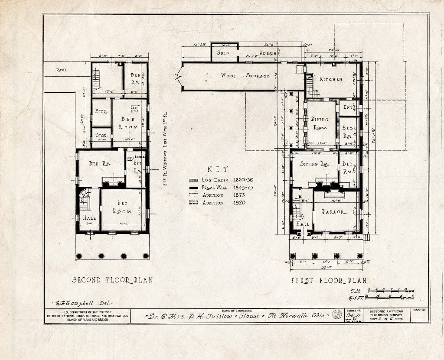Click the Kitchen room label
click(331, 79)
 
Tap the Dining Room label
click(320, 123)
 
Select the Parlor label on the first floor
click(334, 212)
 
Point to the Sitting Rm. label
click(315, 164)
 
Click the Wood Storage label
click(245, 76)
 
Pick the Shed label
click(223, 53)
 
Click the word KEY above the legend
click(218, 170)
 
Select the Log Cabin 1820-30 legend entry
click(221, 180)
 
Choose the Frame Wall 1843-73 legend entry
click(221, 188)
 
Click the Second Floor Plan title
click(112, 280)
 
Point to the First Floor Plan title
click(329, 280)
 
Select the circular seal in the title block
click(337, 315)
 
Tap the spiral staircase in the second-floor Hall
click(85, 200)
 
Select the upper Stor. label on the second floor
click(101, 112)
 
